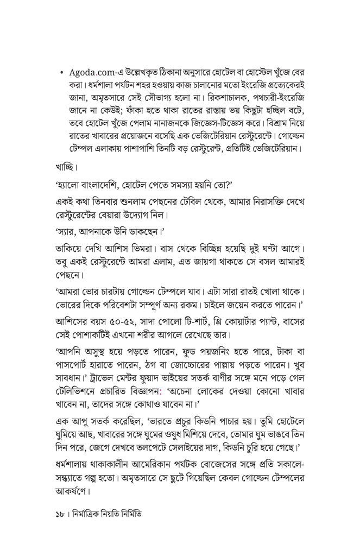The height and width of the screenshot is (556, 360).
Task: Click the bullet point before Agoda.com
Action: click(65, 72)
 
